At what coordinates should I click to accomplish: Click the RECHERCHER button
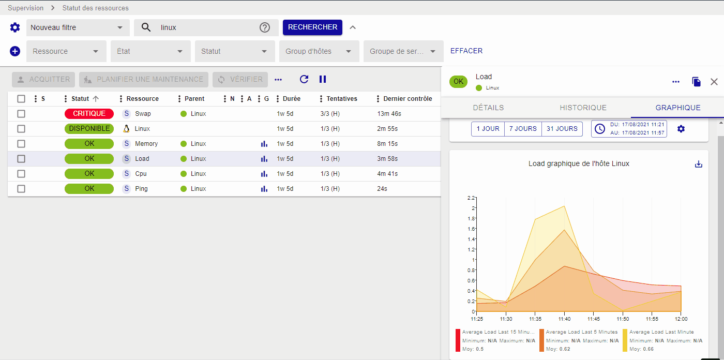coord(312,27)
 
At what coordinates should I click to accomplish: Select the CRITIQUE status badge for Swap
coord(89,114)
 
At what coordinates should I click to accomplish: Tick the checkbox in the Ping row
coord(21,189)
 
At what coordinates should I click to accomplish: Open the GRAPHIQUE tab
coord(677,108)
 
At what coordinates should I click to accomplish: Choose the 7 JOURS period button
coord(523,129)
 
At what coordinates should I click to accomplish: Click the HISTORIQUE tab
coord(583,108)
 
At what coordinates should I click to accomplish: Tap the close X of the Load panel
coord(714,82)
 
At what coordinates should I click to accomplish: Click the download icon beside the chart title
coord(699,164)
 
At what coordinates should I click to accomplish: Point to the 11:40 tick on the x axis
coord(564,319)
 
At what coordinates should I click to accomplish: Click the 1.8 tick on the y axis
coord(471,218)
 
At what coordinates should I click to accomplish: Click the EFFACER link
coord(466,51)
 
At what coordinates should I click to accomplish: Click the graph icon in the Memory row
coord(264,144)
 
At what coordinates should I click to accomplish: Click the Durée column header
coord(291,99)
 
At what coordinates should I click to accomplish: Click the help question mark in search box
coord(265,27)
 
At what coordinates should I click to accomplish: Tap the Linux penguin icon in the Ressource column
coord(126,129)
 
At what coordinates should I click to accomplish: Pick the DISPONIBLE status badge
coord(89,129)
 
